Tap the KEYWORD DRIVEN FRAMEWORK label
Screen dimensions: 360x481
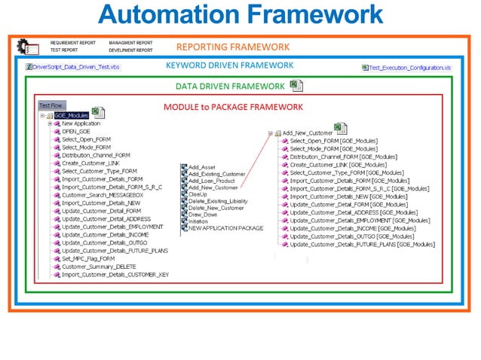coord(229,66)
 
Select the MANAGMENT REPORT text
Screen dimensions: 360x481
coord(130,43)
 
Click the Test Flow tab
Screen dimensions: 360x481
coord(51,106)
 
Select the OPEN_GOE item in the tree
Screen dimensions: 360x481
coord(75,131)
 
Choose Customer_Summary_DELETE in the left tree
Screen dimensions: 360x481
coord(98,267)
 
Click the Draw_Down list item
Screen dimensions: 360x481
coord(204,214)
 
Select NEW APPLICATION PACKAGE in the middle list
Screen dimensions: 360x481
coord(225,227)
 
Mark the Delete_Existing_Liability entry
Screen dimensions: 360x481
coord(219,200)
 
